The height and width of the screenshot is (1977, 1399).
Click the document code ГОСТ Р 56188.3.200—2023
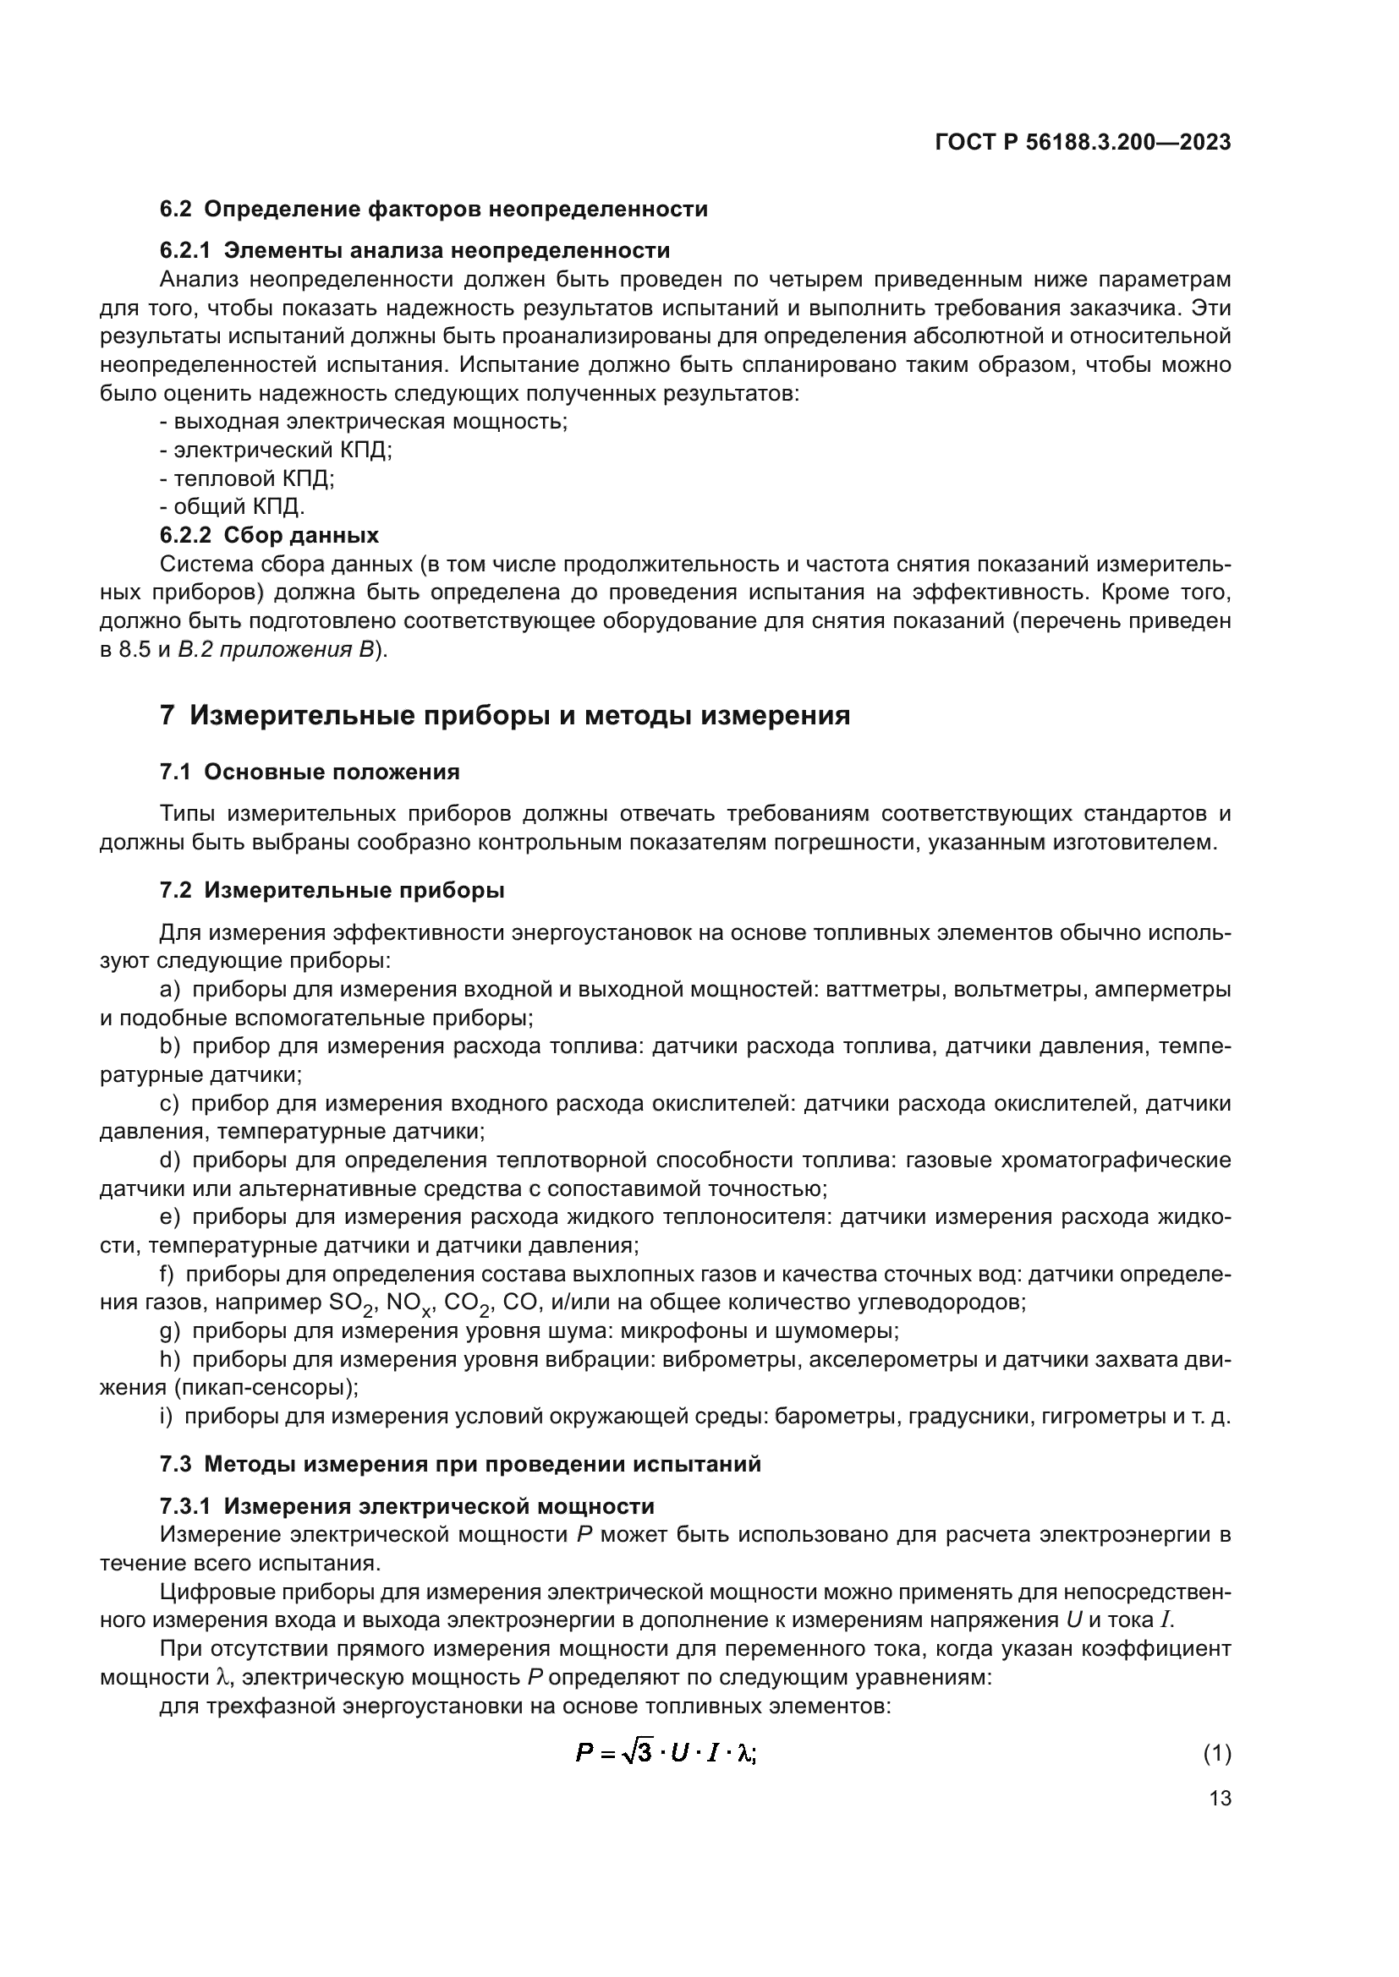(1083, 143)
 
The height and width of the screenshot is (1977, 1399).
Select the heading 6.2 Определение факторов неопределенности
(433, 210)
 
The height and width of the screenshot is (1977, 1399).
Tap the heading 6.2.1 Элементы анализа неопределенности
(414, 250)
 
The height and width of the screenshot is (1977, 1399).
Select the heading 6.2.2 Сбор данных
(269, 536)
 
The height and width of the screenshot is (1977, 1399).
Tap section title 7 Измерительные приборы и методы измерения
(505, 716)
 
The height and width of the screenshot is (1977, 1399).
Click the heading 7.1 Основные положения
(310, 773)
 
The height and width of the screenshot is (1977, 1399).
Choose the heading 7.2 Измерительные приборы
(332, 890)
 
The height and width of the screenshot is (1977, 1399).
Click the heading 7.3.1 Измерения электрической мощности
(407, 1506)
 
